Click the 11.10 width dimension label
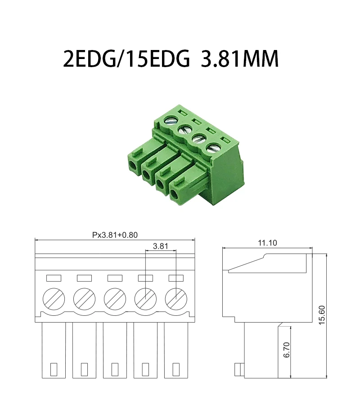coord(267,243)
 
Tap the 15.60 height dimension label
coord(322,315)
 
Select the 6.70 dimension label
coord(287,350)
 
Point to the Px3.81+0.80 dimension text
coord(115,235)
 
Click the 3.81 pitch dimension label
coord(161,246)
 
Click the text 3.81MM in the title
coord(240,59)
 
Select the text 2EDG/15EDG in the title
coord(126,59)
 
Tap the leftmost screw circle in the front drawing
coord(54,299)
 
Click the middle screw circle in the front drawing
coord(115,299)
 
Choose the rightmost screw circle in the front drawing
coord(176,299)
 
